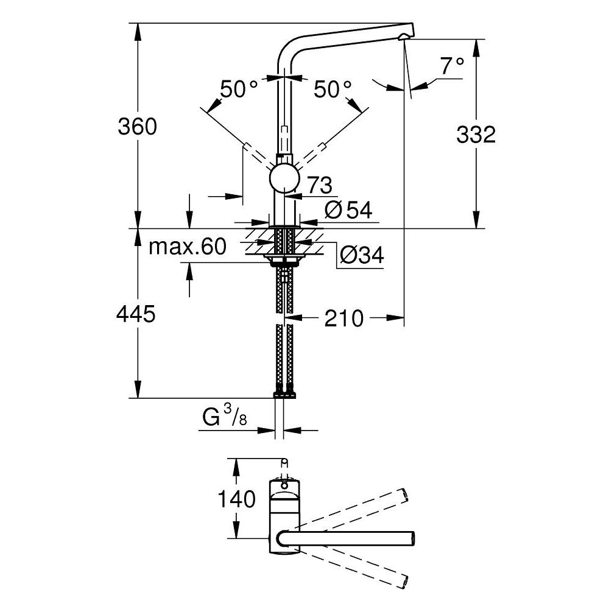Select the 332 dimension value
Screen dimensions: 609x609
pos(476,135)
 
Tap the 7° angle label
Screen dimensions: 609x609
pos(452,66)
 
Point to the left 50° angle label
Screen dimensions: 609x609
pos(239,90)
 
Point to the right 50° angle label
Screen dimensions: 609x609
pos(333,90)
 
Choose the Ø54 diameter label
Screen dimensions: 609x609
pos(348,210)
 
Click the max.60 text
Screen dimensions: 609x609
pos(188,247)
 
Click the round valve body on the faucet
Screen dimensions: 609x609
pos(284,180)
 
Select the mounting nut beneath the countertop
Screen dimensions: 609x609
pos(284,262)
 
